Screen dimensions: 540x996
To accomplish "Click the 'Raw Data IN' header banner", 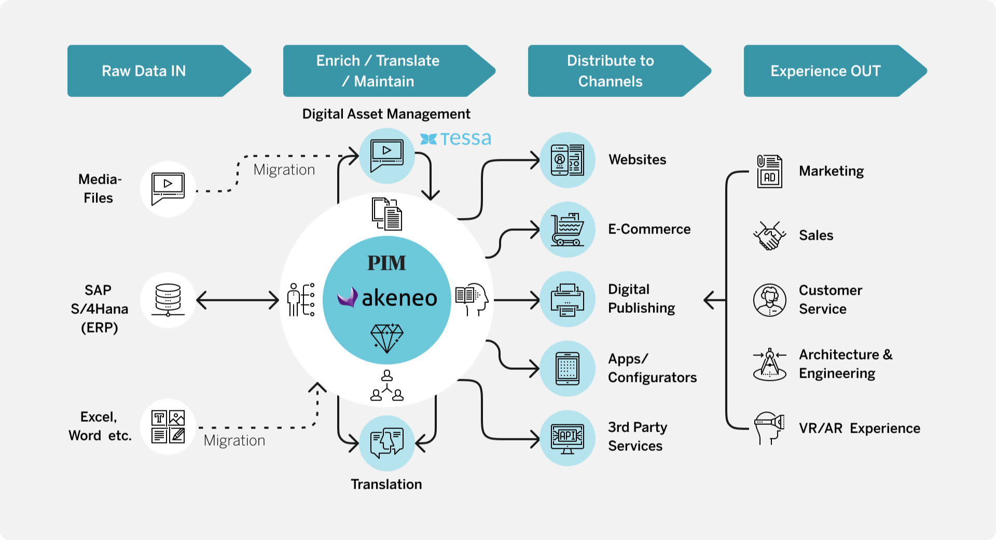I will point(150,71).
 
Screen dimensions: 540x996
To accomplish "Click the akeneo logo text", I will point(398,298).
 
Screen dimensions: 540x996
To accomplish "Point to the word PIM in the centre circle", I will point(386,263).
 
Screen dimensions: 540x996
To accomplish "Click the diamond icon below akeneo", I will point(386,338).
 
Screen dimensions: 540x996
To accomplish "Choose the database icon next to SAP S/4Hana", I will point(168,299).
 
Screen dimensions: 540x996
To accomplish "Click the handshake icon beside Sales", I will point(769,236).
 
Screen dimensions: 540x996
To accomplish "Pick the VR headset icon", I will point(769,427).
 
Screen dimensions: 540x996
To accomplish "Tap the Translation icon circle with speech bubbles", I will point(386,442).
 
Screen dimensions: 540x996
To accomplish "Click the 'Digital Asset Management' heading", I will point(386,114).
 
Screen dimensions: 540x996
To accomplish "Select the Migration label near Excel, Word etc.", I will point(234,440).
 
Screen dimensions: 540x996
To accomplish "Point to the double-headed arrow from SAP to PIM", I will point(238,300).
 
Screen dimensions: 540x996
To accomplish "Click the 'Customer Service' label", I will point(830,299).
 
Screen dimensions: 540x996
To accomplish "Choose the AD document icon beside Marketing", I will point(769,171).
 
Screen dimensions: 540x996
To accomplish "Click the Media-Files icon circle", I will point(168,189).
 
